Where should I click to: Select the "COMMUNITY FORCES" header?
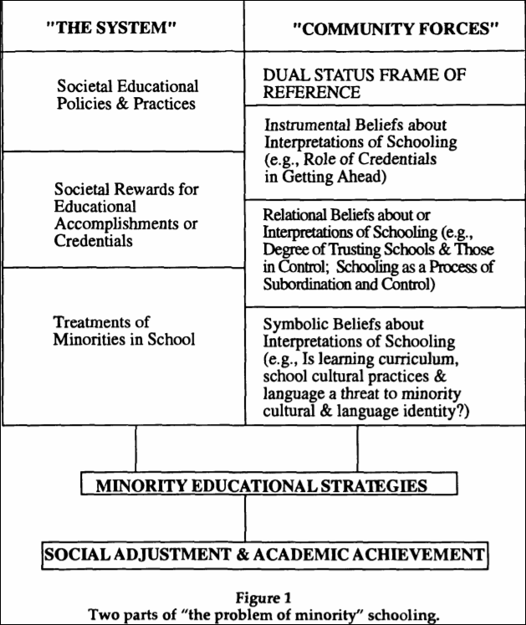click(x=385, y=28)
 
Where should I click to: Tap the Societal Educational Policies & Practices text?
click(x=127, y=95)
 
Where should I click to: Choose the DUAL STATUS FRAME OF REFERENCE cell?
click(x=359, y=83)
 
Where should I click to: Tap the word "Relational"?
click(x=296, y=217)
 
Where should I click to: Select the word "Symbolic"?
click(x=292, y=323)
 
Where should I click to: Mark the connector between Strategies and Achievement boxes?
click(x=244, y=520)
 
